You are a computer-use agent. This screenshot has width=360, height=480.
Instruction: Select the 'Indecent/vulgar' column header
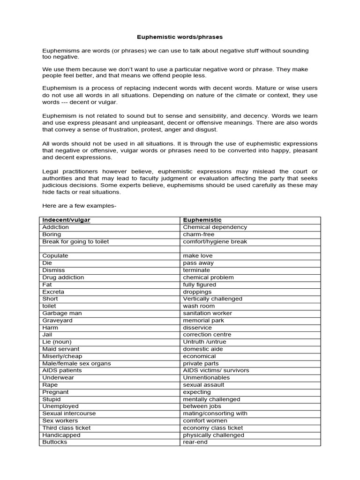[x=66, y=220]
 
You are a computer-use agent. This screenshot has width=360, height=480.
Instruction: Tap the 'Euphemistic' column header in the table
[x=202, y=220]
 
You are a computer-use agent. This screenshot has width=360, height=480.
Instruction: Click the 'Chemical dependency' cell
[x=215, y=227]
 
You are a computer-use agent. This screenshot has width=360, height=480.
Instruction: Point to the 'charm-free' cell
[x=199, y=234]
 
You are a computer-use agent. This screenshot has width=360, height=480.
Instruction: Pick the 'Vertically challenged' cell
[x=212, y=299]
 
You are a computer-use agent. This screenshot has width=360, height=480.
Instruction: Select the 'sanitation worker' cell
[x=207, y=313]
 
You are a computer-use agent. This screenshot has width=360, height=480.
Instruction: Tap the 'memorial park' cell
[x=203, y=320]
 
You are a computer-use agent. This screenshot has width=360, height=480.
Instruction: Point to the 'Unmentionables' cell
[x=206, y=377]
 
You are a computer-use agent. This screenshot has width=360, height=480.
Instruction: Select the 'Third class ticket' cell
[x=67, y=427]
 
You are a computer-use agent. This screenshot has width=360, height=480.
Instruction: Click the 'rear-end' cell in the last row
[x=195, y=442]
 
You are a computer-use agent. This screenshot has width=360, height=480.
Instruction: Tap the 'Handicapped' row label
[x=61, y=435]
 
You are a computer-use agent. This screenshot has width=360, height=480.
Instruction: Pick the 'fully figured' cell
[x=199, y=285]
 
